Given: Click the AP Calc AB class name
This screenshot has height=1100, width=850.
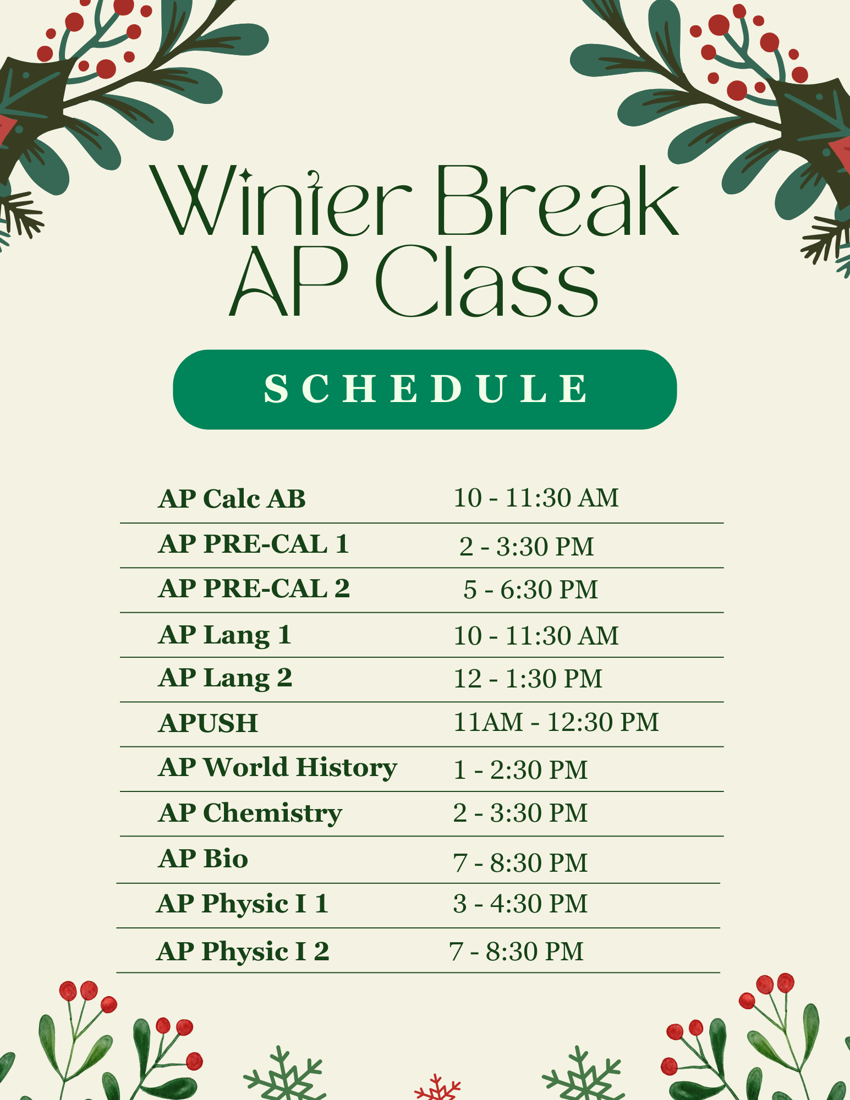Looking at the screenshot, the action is (232, 499).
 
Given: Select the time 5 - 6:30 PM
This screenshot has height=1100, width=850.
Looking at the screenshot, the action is (530, 590).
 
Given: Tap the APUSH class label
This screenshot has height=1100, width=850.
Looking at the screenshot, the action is (208, 723).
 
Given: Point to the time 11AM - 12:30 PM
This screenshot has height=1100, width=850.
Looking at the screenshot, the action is (556, 722).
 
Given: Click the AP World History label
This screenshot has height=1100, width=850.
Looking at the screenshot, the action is (277, 768).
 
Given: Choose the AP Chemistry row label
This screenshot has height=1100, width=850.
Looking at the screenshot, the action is (250, 813).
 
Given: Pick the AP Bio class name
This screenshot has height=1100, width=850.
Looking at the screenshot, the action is (203, 859).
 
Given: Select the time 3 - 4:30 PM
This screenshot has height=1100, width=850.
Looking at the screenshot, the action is (520, 904).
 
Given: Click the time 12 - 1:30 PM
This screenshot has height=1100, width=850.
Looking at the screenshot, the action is (528, 679).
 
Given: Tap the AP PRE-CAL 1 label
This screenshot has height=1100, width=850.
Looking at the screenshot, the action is (254, 544).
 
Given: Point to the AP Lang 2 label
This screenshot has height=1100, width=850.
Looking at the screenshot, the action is (225, 678).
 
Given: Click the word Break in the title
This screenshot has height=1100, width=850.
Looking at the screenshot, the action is (557, 201).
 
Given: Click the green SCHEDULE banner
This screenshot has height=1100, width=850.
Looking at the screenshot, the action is (425, 389).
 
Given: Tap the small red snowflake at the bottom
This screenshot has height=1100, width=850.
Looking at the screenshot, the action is (437, 1087).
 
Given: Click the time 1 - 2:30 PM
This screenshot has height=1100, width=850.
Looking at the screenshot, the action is (520, 769).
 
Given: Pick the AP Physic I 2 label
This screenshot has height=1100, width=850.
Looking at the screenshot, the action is (243, 952).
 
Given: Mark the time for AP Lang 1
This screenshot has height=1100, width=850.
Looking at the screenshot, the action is (536, 636).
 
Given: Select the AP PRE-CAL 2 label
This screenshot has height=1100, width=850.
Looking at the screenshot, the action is (254, 588).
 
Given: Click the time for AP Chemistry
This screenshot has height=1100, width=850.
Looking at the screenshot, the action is (520, 813).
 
